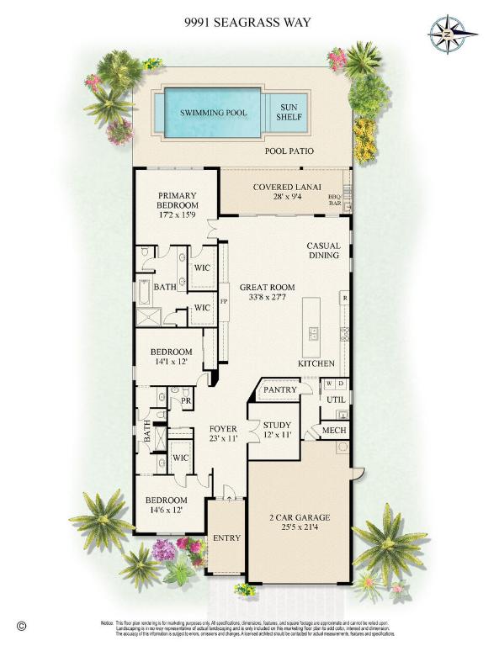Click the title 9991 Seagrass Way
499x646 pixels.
click(x=249, y=23)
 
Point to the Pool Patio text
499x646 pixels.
click(x=289, y=152)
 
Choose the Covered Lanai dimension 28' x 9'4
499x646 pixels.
click(x=277, y=199)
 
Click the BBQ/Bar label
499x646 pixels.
click(x=335, y=199)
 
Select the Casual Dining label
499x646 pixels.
click(x=322, y=250)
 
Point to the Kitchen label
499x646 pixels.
click(x=316, y=363)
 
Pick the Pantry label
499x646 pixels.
click(x=277, y=390)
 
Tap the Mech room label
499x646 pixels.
click(x=334, y=431)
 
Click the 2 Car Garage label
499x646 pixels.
click(x=299, y=517)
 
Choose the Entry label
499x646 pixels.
click(x=226, y=538)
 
